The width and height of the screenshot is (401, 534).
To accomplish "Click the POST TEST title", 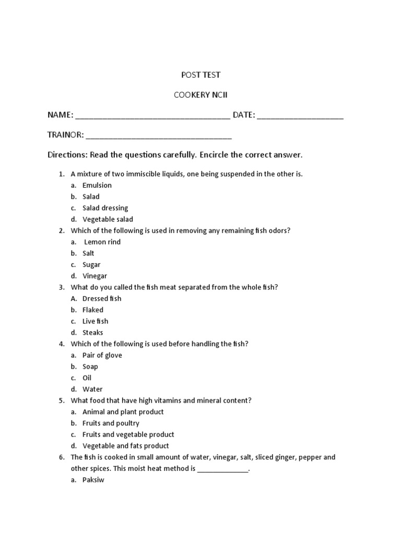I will (200, 75).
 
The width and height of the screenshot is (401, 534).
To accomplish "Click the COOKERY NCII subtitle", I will (200, 95).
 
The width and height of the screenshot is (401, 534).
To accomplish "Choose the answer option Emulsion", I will (97, 185).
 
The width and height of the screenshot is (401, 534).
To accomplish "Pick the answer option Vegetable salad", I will (108, 220).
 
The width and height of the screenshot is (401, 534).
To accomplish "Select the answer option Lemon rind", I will (102, 242).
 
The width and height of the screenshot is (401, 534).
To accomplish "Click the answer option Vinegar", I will (95, 276).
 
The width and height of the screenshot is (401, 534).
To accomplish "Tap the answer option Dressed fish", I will (102, 298).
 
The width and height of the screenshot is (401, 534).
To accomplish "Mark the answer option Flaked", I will (93, 310).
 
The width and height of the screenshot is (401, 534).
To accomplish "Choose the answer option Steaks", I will (93, 333).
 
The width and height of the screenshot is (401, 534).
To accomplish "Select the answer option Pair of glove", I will (102, 355).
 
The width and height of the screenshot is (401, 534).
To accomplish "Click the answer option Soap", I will (90, 367).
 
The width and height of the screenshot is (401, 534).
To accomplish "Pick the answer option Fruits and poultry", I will (111, 423).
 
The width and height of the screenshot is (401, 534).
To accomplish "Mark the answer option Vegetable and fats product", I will (126, 446).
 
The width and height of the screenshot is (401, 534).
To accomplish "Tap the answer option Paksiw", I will (93, 480).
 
